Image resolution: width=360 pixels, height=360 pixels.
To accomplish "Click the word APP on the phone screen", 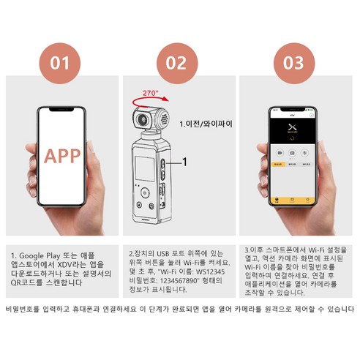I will coord(62,156).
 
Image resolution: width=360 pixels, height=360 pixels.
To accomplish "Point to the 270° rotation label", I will coord(151,94).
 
